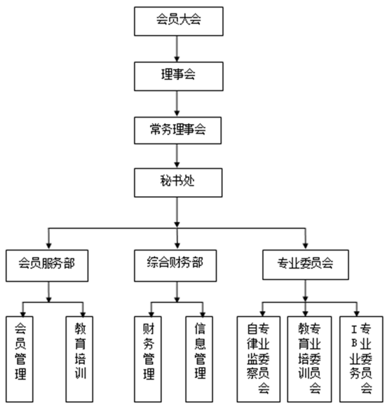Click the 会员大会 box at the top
(x=179, y=21)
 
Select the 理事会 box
(x=179, y=76)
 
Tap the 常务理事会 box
(x=177, y=130)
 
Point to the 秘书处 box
(x=178, y=183)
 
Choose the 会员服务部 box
(x=47, y=265)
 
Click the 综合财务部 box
(x=175, y=265)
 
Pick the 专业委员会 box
(x=306, y=265)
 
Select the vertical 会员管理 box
(x=20, y=359)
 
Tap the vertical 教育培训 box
(x=79, y=359)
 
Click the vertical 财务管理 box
(x=148, y=359)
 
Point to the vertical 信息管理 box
(x=199, y=359)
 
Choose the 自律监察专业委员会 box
(x=259, y=359)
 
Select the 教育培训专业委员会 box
(x=309, y=359)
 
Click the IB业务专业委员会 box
(x=361, y=359)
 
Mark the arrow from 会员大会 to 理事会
(x=177, y=49)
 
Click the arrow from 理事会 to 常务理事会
(x=177, y=104)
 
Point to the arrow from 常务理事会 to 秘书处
(x=177, y=156)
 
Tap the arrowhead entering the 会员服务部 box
(x=48, y=246)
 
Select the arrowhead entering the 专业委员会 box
(x=305, y=246)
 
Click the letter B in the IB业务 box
(x=354, y=343)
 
